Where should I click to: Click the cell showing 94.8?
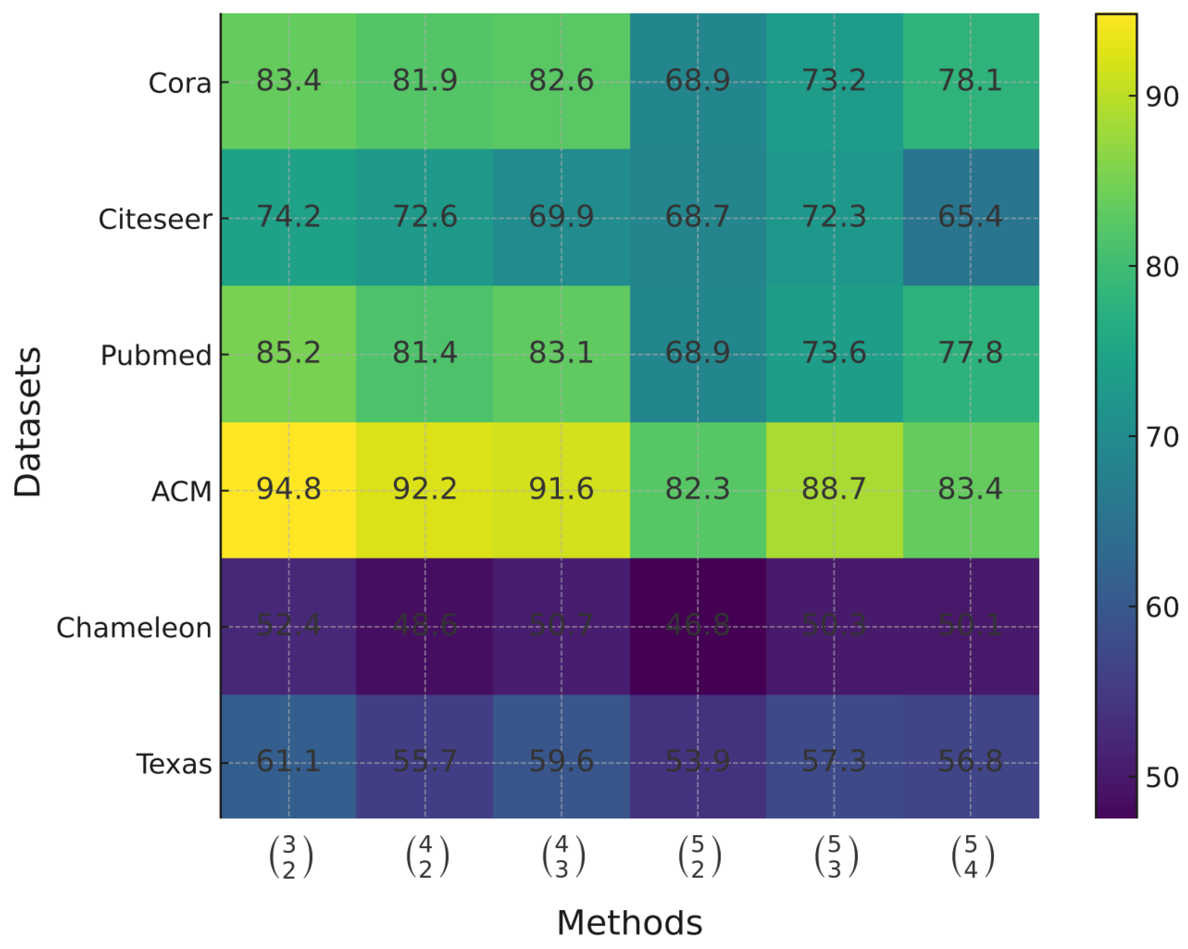[288, 489]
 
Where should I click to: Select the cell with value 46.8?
[698, 626]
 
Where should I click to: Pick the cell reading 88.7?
[834, 489]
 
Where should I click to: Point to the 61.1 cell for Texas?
[288, 762]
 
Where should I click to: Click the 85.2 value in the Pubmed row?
[288, 353]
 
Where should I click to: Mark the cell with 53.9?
[698, 762]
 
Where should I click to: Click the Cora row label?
[179, 84]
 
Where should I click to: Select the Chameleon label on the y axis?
[134, 628]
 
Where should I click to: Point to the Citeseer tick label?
[155, 220]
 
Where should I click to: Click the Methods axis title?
[629, 923]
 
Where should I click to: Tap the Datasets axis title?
[27, 422]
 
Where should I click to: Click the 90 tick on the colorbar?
[1162, 97]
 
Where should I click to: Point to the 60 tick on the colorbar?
[1162, 607]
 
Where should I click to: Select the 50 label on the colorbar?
[1162, 777]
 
